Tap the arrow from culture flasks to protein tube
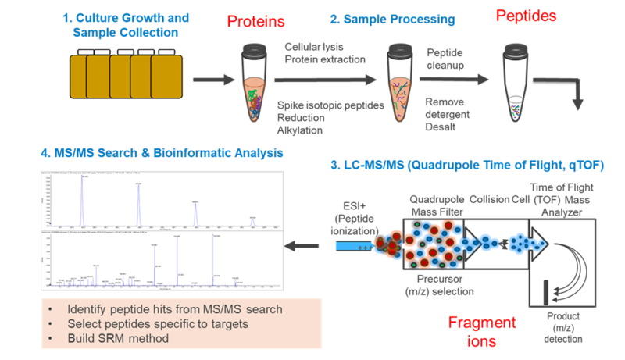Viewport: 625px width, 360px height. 214,80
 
